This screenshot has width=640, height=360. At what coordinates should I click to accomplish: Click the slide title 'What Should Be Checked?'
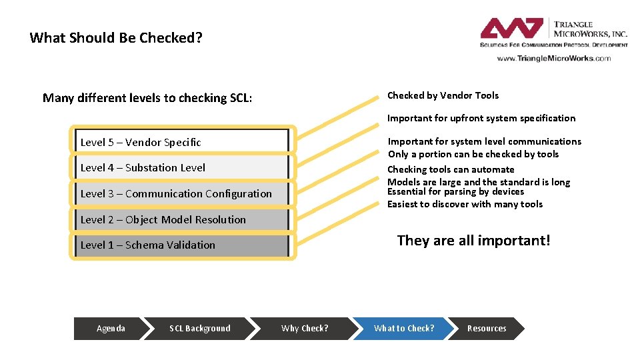click(116, 38)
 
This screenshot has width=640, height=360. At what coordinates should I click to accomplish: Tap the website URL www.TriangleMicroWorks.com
click(553, 59)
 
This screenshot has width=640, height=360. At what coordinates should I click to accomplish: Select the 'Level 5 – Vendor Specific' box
click(182, 142)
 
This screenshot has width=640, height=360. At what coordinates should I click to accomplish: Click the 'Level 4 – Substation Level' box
click(182, 168)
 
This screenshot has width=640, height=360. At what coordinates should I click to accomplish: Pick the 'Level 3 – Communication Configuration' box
click(182, 194)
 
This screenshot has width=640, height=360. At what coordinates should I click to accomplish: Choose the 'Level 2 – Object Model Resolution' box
click(182, 219)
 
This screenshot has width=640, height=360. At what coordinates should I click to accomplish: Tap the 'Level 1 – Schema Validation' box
click(182, 245)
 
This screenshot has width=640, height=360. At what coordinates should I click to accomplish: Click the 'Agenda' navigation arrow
click(111, 328)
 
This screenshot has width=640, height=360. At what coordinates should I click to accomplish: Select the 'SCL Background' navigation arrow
click(200, 328)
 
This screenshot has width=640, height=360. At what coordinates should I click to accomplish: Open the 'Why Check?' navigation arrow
click(305, 328)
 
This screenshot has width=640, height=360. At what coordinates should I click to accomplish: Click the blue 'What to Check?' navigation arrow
click(404, 328)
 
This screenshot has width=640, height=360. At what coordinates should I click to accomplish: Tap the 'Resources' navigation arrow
click(487, 328)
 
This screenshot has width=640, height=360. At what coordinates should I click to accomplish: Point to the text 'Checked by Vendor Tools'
click(443, 95)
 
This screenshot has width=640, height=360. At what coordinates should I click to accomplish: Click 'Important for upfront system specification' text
click(481, 118)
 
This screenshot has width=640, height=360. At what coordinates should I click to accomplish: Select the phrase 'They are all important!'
click(473, 241)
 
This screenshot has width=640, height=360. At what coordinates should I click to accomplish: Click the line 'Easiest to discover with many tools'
click(465, 204)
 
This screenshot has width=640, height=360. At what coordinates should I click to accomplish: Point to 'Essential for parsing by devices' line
click(455, 192)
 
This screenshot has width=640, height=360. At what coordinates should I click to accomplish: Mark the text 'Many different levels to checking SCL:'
click(147, 98)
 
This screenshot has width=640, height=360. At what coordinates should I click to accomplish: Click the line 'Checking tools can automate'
click(451, 169)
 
